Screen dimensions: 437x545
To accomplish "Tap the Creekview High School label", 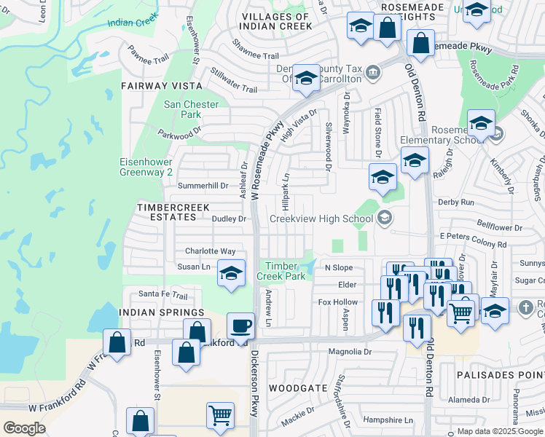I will (x=321, y=219).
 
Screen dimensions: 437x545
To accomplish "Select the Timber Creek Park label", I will (x=285, y=271).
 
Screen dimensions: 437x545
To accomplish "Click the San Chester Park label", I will (x=191, y=109).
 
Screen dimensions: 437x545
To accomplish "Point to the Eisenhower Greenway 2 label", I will (x=146, y=168).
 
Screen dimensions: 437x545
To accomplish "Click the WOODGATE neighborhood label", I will (x=298, y=388).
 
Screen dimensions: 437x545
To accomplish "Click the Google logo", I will (x=24, y=428).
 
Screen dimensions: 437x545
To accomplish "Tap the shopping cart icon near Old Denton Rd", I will (x=461, y=312).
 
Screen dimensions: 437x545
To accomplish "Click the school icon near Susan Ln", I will (x=231, y=274).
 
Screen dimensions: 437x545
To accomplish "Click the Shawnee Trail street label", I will (x=256, y=55).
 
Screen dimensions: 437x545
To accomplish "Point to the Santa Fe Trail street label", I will (x=163, y=294).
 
